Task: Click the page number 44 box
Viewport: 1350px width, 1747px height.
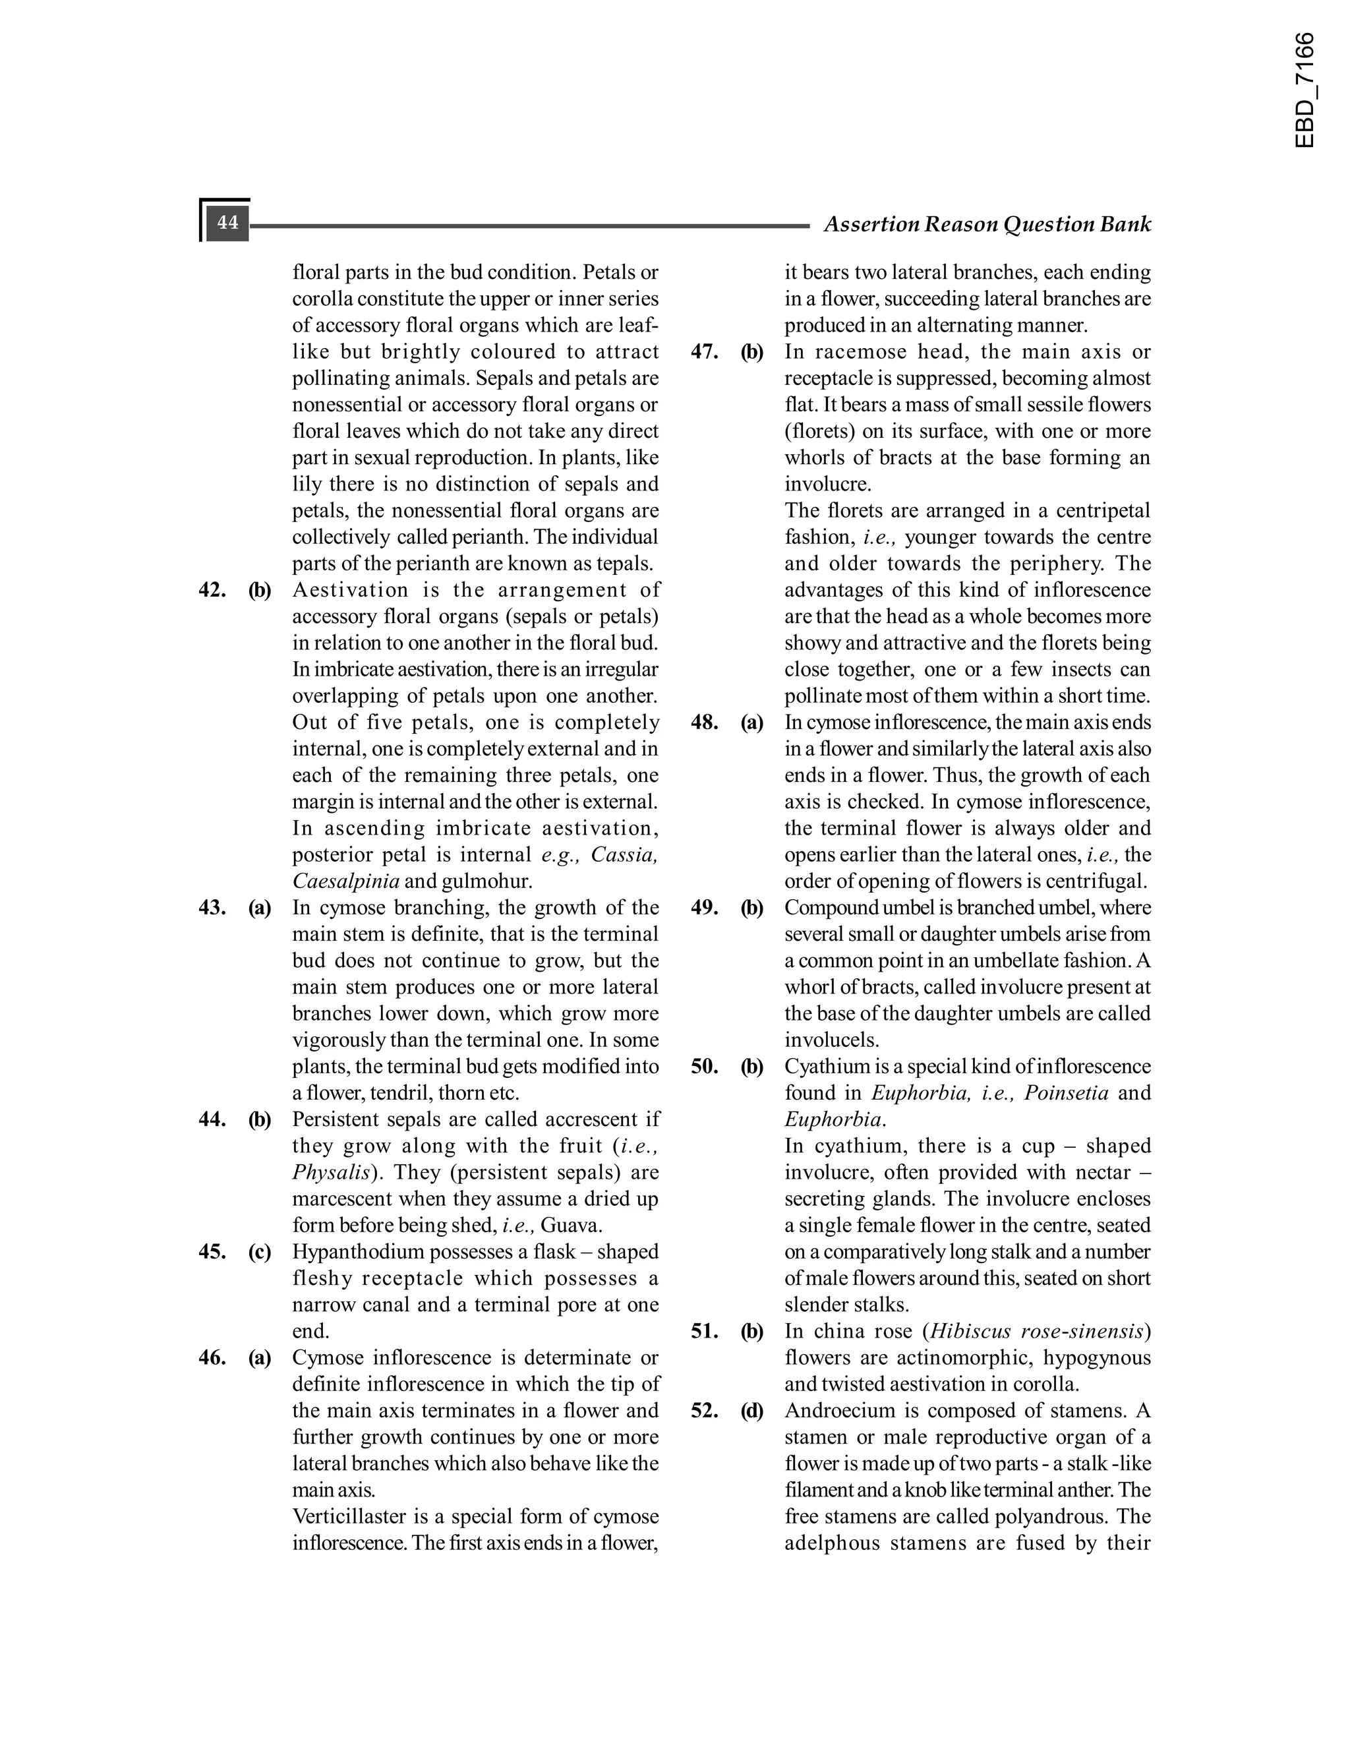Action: pyautogui.click(x=227, y=222)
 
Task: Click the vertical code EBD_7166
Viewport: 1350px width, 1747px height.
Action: pyautogui.click(x=1303, y=90)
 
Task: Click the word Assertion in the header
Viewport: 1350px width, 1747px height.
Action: pyautogui.click(x=871, y=224)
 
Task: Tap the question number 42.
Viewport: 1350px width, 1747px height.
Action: pyautogui.click(x=213, y=590)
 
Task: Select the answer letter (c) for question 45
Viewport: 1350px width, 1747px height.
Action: pyautogui.click(x=260, y=1252)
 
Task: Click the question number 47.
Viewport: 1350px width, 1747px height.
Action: pyautogui.click(x=705, y=352)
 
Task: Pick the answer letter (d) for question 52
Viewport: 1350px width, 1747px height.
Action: pyautogui.click(x=751, y=1411)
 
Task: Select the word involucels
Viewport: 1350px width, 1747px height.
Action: pyautogui.click(x=831, y=1040)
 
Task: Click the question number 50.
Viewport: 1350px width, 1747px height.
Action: pyautogui.click(x=705, y=1067)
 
